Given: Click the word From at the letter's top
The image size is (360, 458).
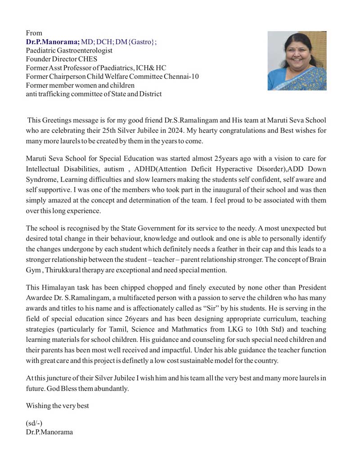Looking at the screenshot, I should coord(34,33).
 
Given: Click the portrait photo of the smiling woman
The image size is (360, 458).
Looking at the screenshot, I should coord(297,61).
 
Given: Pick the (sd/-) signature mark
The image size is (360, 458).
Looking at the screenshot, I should coord(35,423).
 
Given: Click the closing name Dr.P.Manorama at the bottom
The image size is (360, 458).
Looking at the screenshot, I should coord(49,432).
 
